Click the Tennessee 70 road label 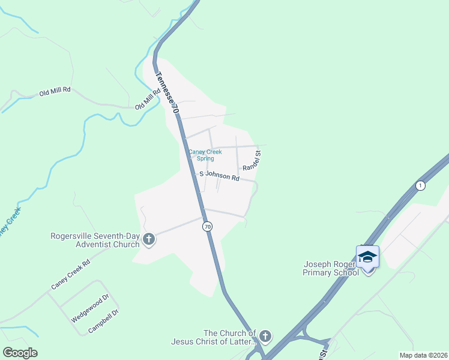click(x=167, y=94)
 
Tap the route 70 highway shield click(x=207, y=226)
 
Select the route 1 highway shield click(x=420, y=185)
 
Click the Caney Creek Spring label click(x=205, y=155)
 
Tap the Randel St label click(x=256, y=159)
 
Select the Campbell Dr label click(x=104, y=321)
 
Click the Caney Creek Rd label click(x=70, y=274)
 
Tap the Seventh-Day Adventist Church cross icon click(x=149, y=240)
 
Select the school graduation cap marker click(x=367, y=257)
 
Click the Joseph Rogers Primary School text click(x=331, y=268)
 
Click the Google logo click(x=20, y=353)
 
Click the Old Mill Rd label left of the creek click(x=55, y=92)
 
